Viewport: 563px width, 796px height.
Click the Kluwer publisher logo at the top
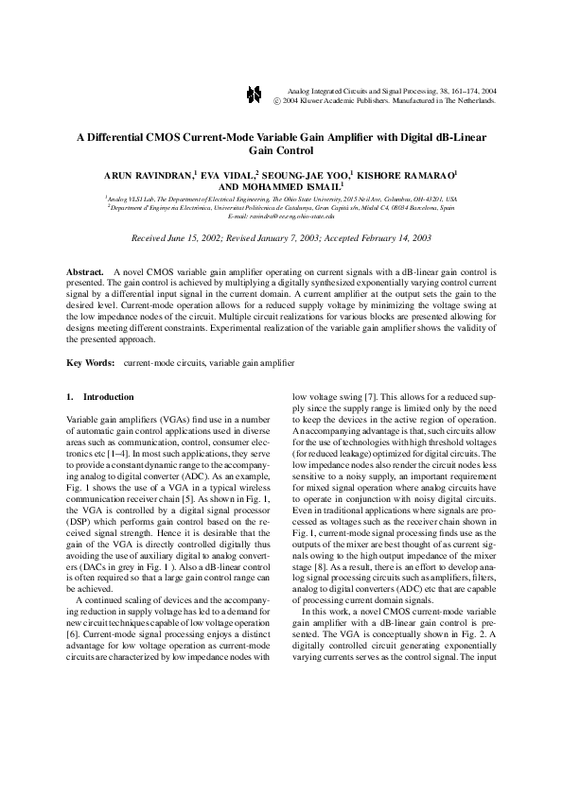(253, 94)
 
